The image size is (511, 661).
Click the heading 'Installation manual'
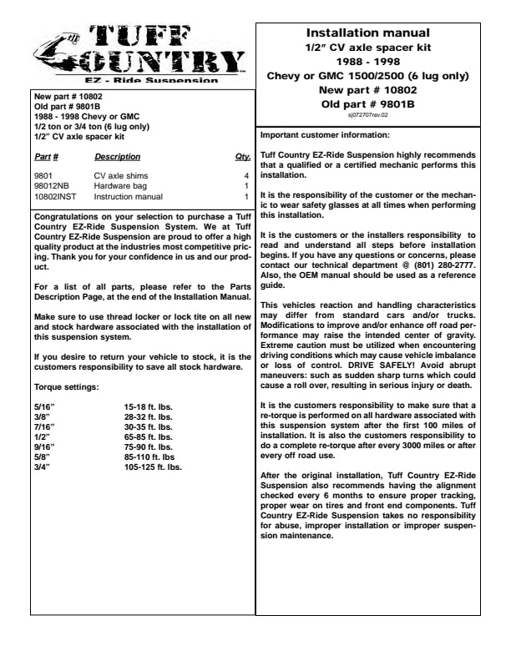(367, 33)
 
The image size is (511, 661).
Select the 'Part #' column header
(46, 157)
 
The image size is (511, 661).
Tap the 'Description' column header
(117, 157)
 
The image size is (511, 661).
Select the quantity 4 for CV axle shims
(246, 177)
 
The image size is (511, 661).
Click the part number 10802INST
(55, 196)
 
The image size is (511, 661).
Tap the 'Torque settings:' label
(67, 389)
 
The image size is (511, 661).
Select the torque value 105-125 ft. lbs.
(153, 467)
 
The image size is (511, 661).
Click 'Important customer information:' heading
(324, 135)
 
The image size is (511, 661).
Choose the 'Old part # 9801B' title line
(367, 103)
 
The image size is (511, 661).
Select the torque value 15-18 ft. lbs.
(149, 406)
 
